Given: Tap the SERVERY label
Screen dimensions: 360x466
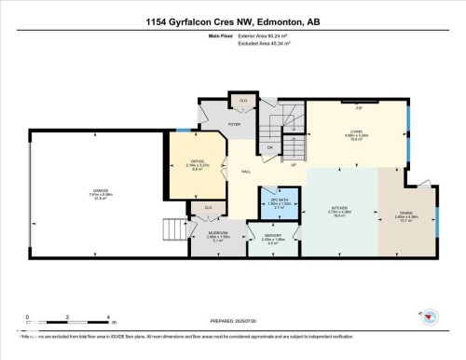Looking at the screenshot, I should [x=272, y=237].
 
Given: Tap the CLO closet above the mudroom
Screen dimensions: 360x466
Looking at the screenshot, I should [x=208, y=207].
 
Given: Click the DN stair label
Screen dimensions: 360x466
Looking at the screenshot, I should [x=270, y=147].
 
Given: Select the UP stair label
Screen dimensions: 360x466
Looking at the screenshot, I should [x=294, y=165].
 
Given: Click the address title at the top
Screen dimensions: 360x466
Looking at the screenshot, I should [x=233, y=21].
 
